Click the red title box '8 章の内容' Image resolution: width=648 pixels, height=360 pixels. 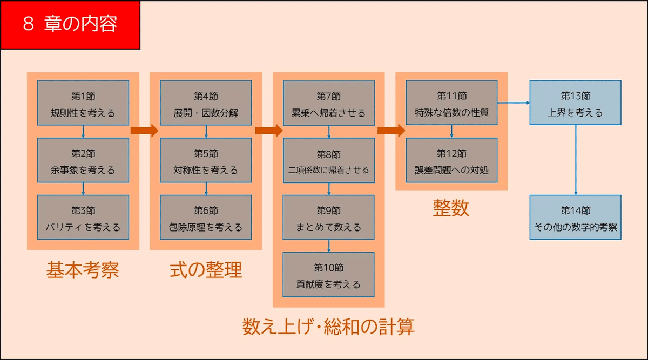coord(70,25)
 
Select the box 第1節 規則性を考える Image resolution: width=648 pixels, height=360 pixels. coord(83,103)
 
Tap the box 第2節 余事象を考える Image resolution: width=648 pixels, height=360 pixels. coord(83,160)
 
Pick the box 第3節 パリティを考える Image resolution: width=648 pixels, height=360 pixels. coord(83,218)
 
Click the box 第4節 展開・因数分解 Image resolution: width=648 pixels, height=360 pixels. coord(206,103)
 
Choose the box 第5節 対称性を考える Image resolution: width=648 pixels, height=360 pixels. coord(206,160)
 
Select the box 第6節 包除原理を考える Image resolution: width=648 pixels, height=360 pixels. coord(206,218)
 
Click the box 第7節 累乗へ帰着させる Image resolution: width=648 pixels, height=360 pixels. coord(328,103)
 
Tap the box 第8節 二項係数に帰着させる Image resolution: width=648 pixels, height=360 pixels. coord(328,160)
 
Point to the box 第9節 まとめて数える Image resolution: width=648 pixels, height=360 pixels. coord(328,218)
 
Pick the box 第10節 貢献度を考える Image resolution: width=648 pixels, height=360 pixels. coord(328,275)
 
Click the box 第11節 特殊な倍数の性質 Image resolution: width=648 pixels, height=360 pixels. coord(451,103)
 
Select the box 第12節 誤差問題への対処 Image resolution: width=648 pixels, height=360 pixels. coord(451,160)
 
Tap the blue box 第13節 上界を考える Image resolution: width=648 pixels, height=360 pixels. coord(575,103)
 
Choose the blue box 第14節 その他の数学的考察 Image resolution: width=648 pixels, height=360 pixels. coord(575,218)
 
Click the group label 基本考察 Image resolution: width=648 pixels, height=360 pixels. coord(83,269)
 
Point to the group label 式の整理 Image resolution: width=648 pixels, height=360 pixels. coord(206,269)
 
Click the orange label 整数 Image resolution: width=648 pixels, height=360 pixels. coord(451,208)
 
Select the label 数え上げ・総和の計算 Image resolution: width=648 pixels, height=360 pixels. coord(328,327)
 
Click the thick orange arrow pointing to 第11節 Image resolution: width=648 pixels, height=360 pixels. coord(391,130)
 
